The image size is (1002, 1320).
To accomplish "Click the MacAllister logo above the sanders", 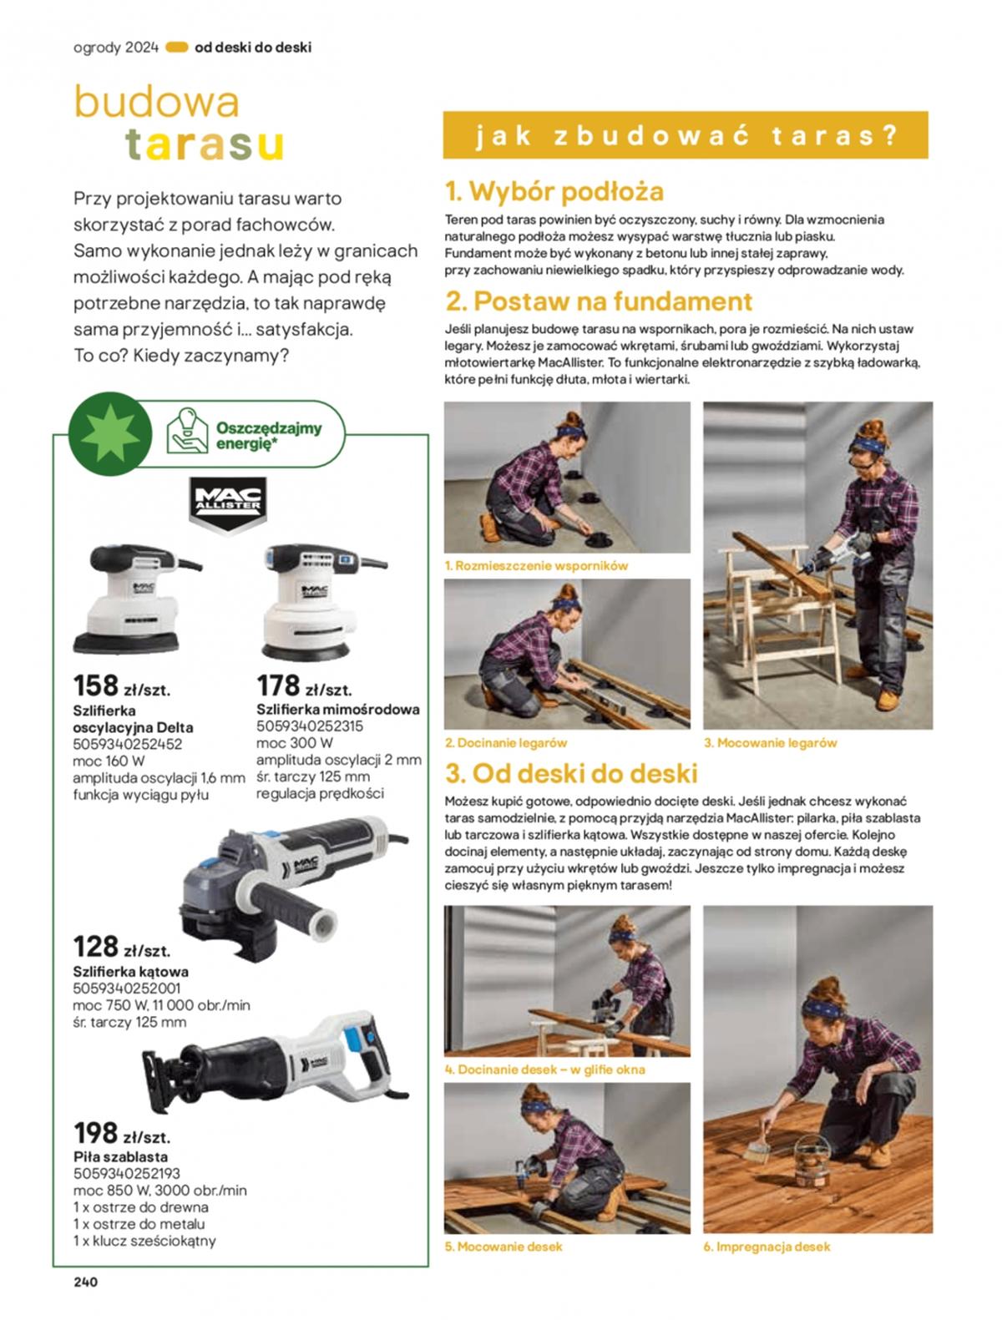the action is click(227, 505).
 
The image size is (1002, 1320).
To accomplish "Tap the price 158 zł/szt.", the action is click(121, 685).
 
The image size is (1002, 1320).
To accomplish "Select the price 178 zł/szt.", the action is click(304, 685).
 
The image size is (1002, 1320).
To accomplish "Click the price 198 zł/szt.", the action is click(121, 1133).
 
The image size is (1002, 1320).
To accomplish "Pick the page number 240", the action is click(85, 1282).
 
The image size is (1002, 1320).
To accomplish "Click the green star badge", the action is click(110, 433).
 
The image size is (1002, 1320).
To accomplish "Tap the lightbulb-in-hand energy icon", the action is click(187, 431).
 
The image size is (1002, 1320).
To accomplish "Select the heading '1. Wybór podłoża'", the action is click(554, 192).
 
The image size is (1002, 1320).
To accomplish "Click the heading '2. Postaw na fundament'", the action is click(599, 301).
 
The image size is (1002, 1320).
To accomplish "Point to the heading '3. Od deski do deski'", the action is click(571, 773).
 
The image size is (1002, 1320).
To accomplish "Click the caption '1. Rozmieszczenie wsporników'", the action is click(536, 566).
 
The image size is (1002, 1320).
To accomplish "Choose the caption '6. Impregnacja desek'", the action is click(767, 1247).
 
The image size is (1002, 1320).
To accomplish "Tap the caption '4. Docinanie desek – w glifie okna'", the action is click(545, 1070).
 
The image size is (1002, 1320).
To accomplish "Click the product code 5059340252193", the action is click(127, 1173).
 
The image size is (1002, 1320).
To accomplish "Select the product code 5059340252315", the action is click(310, 726).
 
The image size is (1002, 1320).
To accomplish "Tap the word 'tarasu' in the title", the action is click(205, 145).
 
